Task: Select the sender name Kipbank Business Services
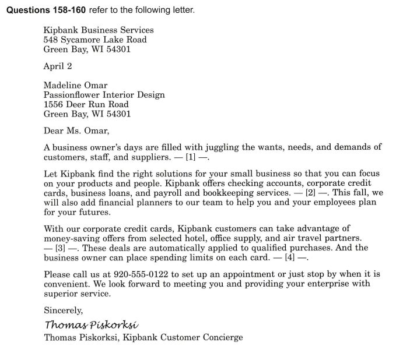(99, 30)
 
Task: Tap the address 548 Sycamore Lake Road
(95, 40)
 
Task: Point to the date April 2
(58, 66)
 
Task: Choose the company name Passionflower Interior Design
(104, 94)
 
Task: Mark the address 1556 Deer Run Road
(86, 104)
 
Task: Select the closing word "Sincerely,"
(64, 311)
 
